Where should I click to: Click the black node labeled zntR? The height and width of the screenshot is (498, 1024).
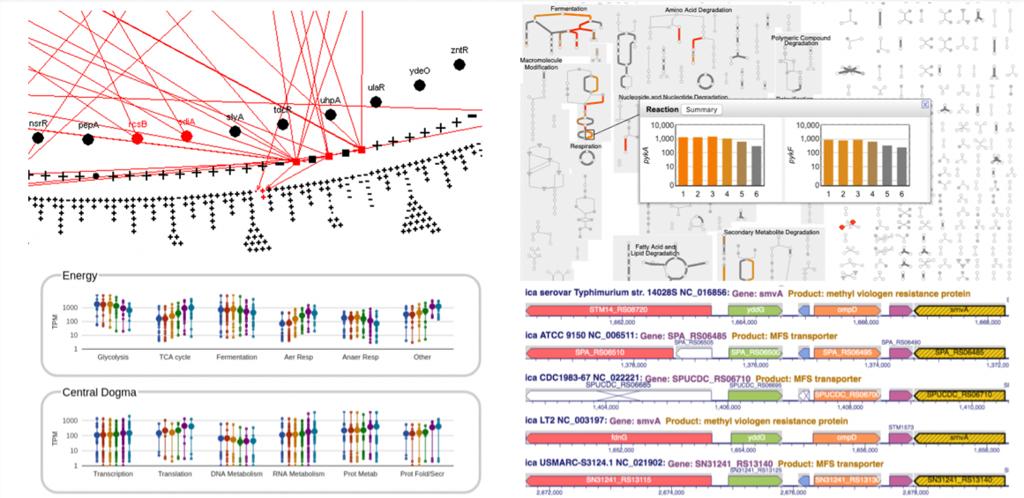coord(459,64)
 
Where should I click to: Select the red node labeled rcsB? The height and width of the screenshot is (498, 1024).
coord(138,137)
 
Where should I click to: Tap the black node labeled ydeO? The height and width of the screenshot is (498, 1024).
coord(420,84)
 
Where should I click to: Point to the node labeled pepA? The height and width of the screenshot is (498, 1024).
coord(87,138)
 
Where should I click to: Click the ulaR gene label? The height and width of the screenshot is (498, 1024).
coord(377,88)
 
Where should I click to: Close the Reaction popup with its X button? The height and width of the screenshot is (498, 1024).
coord(924,104)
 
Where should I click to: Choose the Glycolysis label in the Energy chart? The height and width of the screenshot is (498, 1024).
coord(115,357)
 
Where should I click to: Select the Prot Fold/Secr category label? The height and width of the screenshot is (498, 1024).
coord(424,474)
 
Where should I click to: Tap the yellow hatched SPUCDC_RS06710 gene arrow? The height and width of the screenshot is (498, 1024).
coord(958,395)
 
